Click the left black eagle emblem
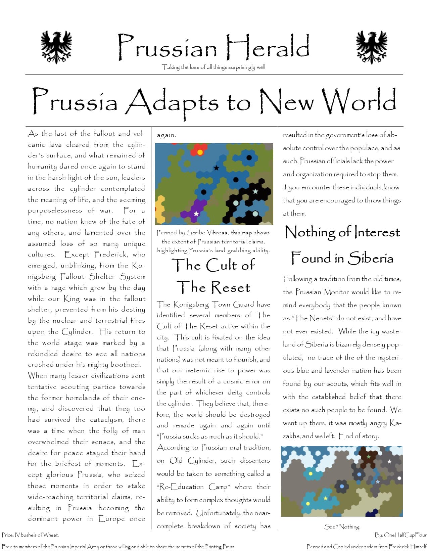[x=56, y=47]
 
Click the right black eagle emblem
[x=372, y=47]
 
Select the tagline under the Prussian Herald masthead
[x=213, y=67]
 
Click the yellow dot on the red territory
[x=200, y=152]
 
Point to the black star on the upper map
[x=217, y=168]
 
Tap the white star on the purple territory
[x=196, y=214]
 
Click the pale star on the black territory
[x=255, y=191]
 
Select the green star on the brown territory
[x=369, y=457]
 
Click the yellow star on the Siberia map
[x=325, y=498]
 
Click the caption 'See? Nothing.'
[x=342, y=526]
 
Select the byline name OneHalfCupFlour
[x=405, y=535]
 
